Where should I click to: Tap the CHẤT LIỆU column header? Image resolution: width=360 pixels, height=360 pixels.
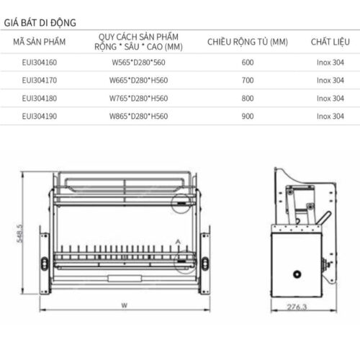coord(329,43)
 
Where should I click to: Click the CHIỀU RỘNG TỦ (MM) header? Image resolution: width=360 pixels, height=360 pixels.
coord(248,43)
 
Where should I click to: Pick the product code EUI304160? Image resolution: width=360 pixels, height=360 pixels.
coord(40,63)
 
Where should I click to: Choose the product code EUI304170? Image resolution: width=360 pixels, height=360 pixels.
coord(40,81)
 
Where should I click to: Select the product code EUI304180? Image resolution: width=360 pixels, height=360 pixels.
coord(40,98)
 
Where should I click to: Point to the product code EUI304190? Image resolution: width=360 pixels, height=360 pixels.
coord(40,115)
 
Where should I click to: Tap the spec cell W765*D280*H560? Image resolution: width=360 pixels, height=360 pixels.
coord(139,98)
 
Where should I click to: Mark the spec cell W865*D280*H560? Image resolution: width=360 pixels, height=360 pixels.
coord(139,115)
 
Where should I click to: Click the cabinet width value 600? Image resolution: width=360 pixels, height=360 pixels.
coord(248,63)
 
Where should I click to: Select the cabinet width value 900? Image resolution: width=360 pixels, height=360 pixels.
coord(248,115)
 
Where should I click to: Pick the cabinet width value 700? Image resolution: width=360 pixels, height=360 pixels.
coord(248,81)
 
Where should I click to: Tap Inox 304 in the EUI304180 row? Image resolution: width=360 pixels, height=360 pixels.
coord(329,98)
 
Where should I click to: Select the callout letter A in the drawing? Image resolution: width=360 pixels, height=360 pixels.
coord(177,240)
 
